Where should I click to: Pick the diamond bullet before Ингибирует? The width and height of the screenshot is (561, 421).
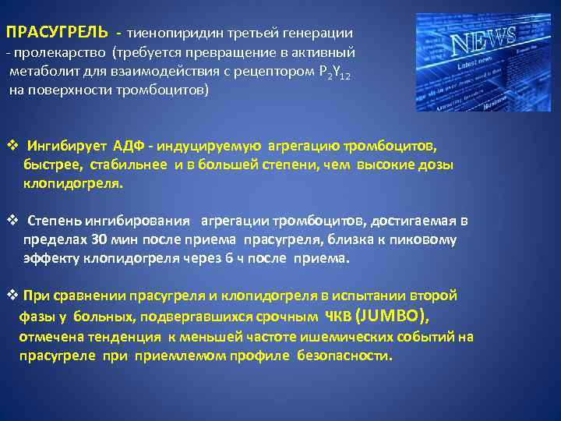[12, 146]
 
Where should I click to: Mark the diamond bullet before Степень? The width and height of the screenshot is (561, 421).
[12, 221]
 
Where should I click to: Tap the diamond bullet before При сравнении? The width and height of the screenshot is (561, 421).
[12, 295]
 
